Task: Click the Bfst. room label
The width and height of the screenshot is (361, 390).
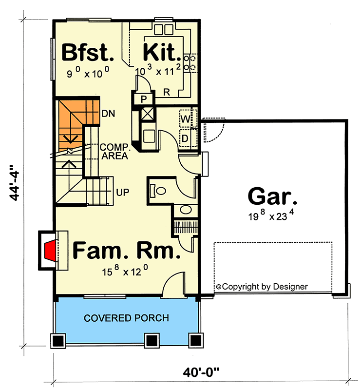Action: click(88, 53)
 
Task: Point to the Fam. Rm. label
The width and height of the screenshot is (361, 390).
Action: click(126, 251)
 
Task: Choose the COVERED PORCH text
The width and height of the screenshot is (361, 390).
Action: click(126, 318)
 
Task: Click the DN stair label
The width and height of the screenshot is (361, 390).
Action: click(108, 114)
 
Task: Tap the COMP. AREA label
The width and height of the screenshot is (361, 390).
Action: click(114, 152)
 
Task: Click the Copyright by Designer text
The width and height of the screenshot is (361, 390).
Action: click(261, 287)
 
